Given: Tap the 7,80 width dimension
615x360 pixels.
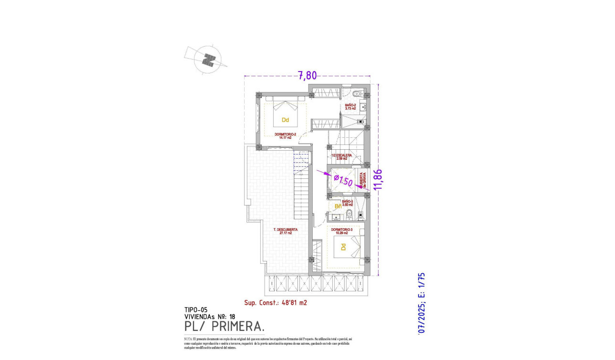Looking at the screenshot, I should coord(307,75).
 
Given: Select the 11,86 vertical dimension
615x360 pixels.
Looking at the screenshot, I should coord(379,179).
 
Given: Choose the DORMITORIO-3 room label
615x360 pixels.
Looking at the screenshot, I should coord(341,231).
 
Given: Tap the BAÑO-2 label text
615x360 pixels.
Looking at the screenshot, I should coord(350,106).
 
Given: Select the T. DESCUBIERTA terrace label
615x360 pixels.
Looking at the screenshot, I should coord(286,231).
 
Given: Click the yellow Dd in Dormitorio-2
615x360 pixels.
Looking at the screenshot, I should coord(286,120).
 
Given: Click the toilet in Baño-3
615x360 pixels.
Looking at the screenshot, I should coord(349,214).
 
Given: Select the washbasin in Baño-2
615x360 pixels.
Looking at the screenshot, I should coord(363,107).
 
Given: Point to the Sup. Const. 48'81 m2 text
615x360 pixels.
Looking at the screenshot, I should coord(275,302).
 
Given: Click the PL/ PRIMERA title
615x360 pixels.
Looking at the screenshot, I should coord(224,326).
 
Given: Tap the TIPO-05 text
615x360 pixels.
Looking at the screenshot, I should coord(196,309).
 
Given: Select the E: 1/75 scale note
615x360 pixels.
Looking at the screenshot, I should coord(420,285).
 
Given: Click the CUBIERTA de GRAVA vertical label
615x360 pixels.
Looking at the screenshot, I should coord(364,180).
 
